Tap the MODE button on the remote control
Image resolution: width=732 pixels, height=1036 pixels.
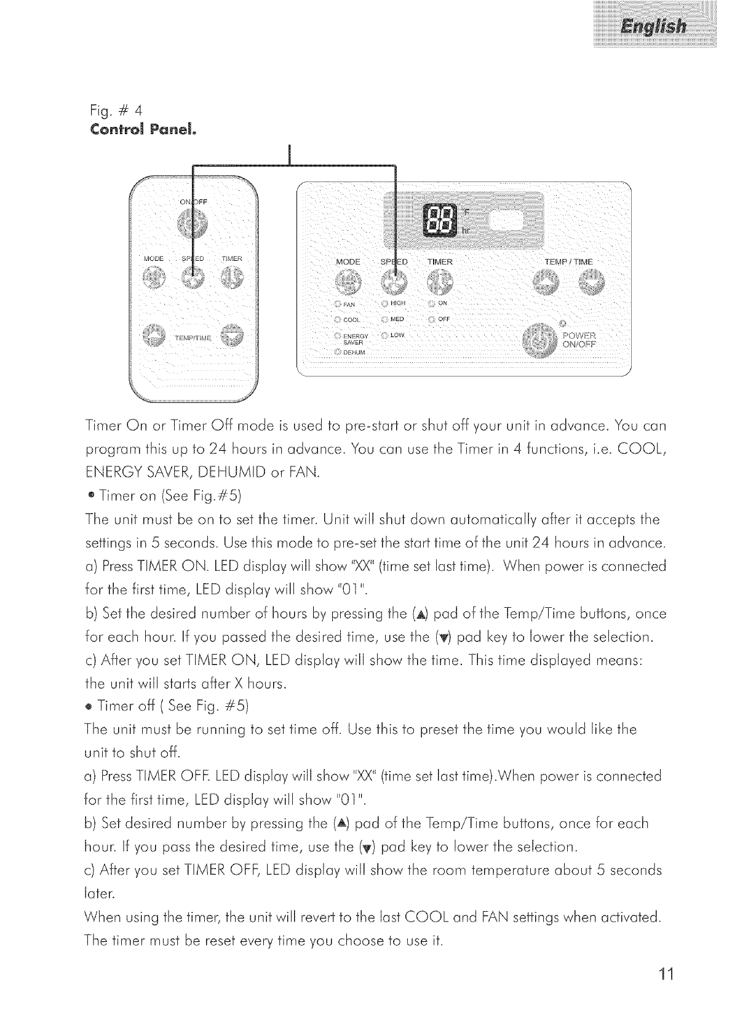pyautogui.click(x=154, y=280)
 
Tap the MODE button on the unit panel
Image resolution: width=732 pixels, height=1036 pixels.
pyautogui.click(x=348, y=283)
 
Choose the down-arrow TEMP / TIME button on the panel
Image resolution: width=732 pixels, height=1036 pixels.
pyautogui.click(x=591, y=284)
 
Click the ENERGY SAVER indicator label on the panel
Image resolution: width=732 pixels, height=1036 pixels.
pyautogui.click(x=355, y=338)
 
